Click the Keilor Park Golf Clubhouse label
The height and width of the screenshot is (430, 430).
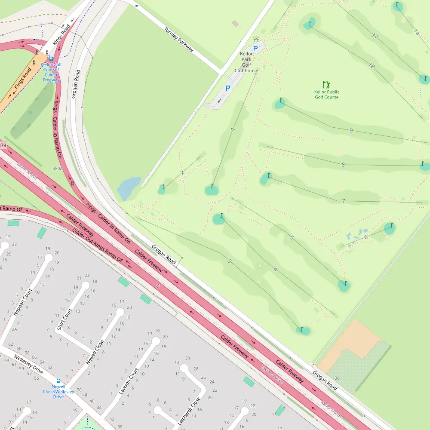(246, 62)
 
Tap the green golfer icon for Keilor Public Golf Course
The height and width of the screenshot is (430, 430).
(326, 85)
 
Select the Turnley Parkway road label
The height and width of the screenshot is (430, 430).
(179, 40)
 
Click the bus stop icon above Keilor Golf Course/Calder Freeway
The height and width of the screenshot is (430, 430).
(51, 59)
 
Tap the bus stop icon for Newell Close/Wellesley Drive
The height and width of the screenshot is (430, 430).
(58, 381)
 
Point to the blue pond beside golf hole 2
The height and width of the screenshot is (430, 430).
(129, 188)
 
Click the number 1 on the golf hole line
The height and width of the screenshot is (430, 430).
(233, 129)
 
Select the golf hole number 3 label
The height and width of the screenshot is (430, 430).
(230, 261)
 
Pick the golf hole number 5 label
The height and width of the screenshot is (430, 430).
(292, 237)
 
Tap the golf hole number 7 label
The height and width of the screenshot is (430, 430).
(343, 201)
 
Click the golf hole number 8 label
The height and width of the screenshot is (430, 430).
(343, 164)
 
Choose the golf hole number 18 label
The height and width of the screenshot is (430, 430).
(371, 65)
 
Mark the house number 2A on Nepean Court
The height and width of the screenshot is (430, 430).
(14, 329)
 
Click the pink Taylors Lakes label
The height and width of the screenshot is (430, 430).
(272, 375)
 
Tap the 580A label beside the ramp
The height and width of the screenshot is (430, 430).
(58, 169)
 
